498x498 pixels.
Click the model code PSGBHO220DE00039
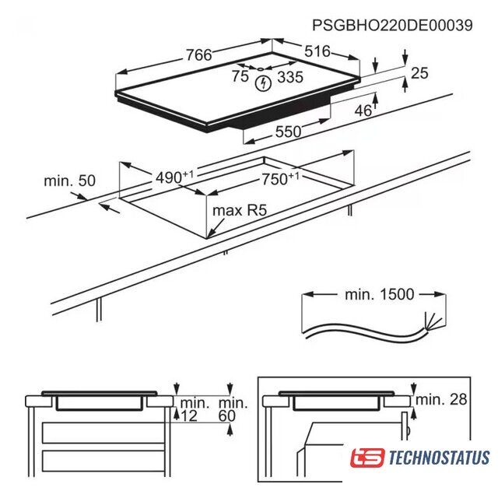(x=392, y=25)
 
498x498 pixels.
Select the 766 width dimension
(x=199, y=55)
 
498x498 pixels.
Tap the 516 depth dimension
(x=317, y=51)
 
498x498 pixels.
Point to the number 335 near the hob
(x=290, y=77)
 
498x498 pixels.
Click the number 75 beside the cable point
(x=240, y=76)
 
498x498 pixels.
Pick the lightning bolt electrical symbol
(x=264, y=83)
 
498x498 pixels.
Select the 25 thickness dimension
(x=419, y=73)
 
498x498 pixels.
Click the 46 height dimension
(x=363, y=110)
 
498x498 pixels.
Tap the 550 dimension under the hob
(x=288, y=132)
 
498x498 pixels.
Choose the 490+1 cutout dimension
(x=174, y=177)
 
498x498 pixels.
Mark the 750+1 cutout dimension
(x=280, y=179)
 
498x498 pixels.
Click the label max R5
(x=240, y=210)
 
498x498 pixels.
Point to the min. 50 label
(x=69, y=181)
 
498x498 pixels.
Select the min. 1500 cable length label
(x=380, y=294)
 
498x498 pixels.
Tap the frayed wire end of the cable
(x=433, y=321)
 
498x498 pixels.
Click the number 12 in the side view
(x=189, y=416)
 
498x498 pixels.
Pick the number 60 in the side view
(x=227, y=416)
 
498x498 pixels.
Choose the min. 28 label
(x=441, y=399)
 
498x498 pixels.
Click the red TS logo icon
(x=367, y=458)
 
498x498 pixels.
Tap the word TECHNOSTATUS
(x=439, y=458)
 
